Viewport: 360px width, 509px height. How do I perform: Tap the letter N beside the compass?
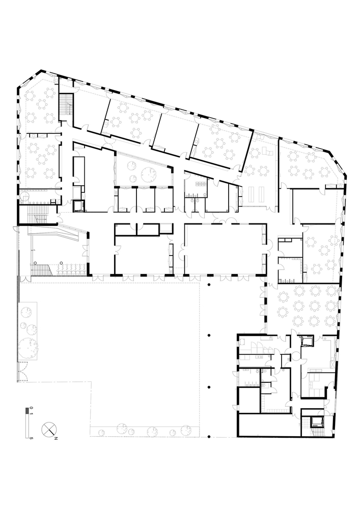coord(57,437)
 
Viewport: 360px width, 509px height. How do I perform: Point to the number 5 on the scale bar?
coord(31,437)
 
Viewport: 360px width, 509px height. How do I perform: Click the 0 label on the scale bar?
coord(31,408)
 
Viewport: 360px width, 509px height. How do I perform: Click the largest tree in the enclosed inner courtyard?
coord(149,174)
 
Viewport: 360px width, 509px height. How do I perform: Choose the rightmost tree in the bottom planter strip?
coord(187,431)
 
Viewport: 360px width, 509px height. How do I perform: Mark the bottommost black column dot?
coord(209,436)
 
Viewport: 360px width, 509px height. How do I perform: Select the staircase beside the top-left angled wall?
coord(66,105)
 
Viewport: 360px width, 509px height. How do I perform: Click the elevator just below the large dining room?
coord(308,340)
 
